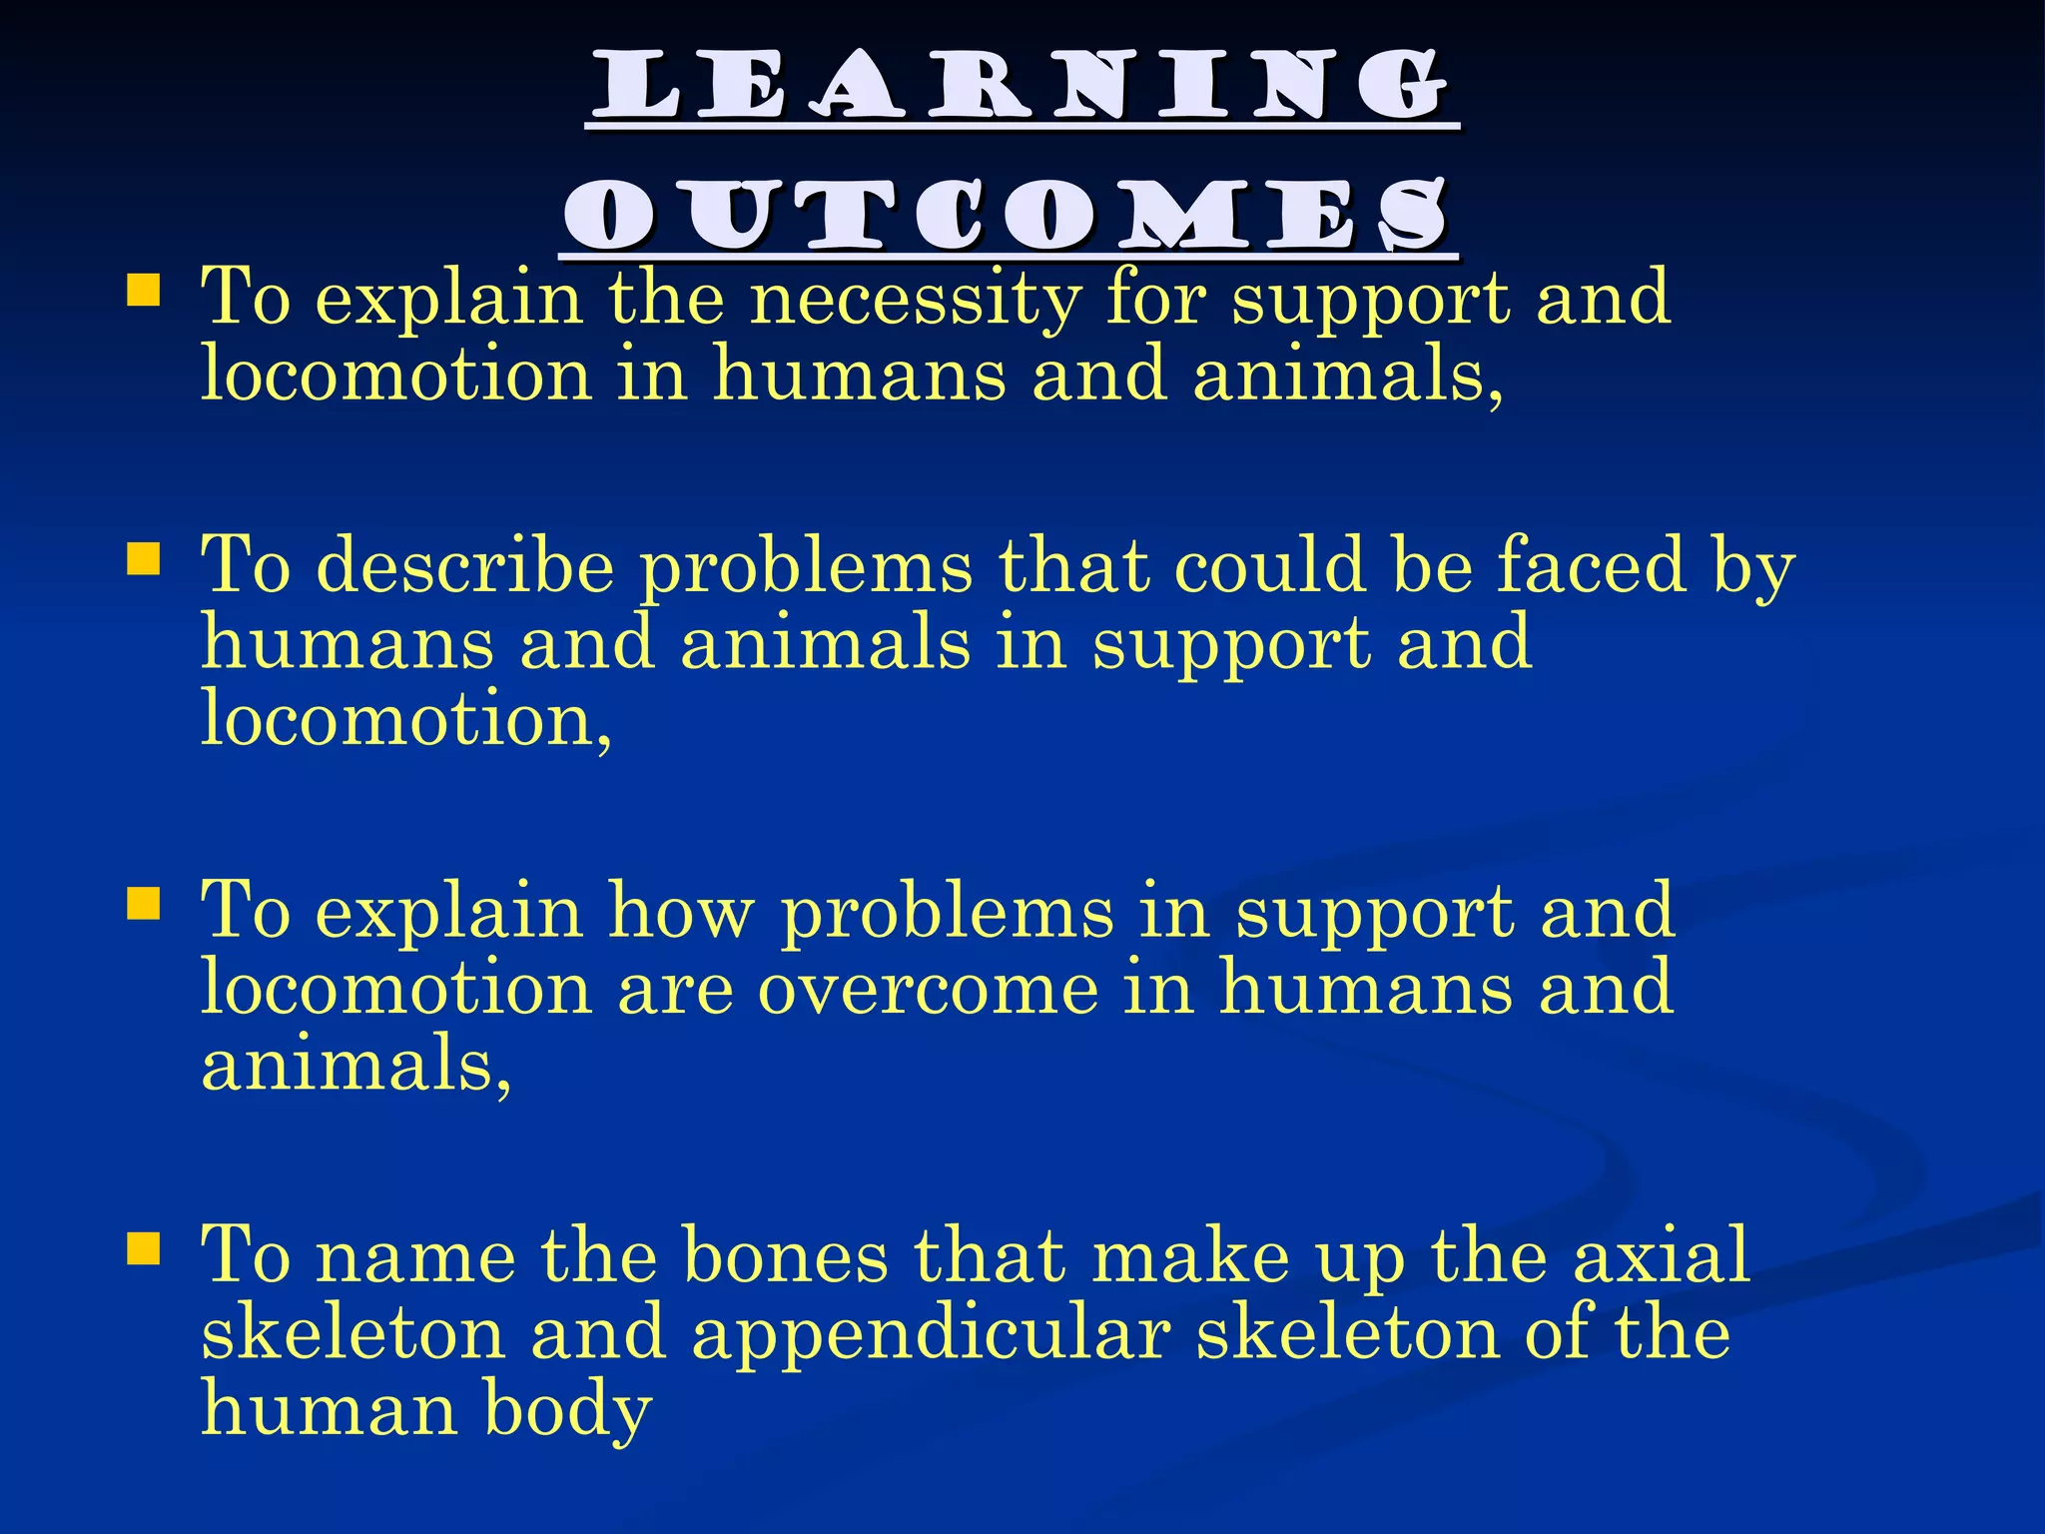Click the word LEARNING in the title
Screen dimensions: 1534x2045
tap(1022, 88)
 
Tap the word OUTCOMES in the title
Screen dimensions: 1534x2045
tap(1008, 217)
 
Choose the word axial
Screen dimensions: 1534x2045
tap(1661, 1255)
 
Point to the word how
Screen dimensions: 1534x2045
tap(681, 912)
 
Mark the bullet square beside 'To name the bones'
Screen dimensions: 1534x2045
tap(144, 1248)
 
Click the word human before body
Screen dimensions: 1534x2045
tap(329, 1410)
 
